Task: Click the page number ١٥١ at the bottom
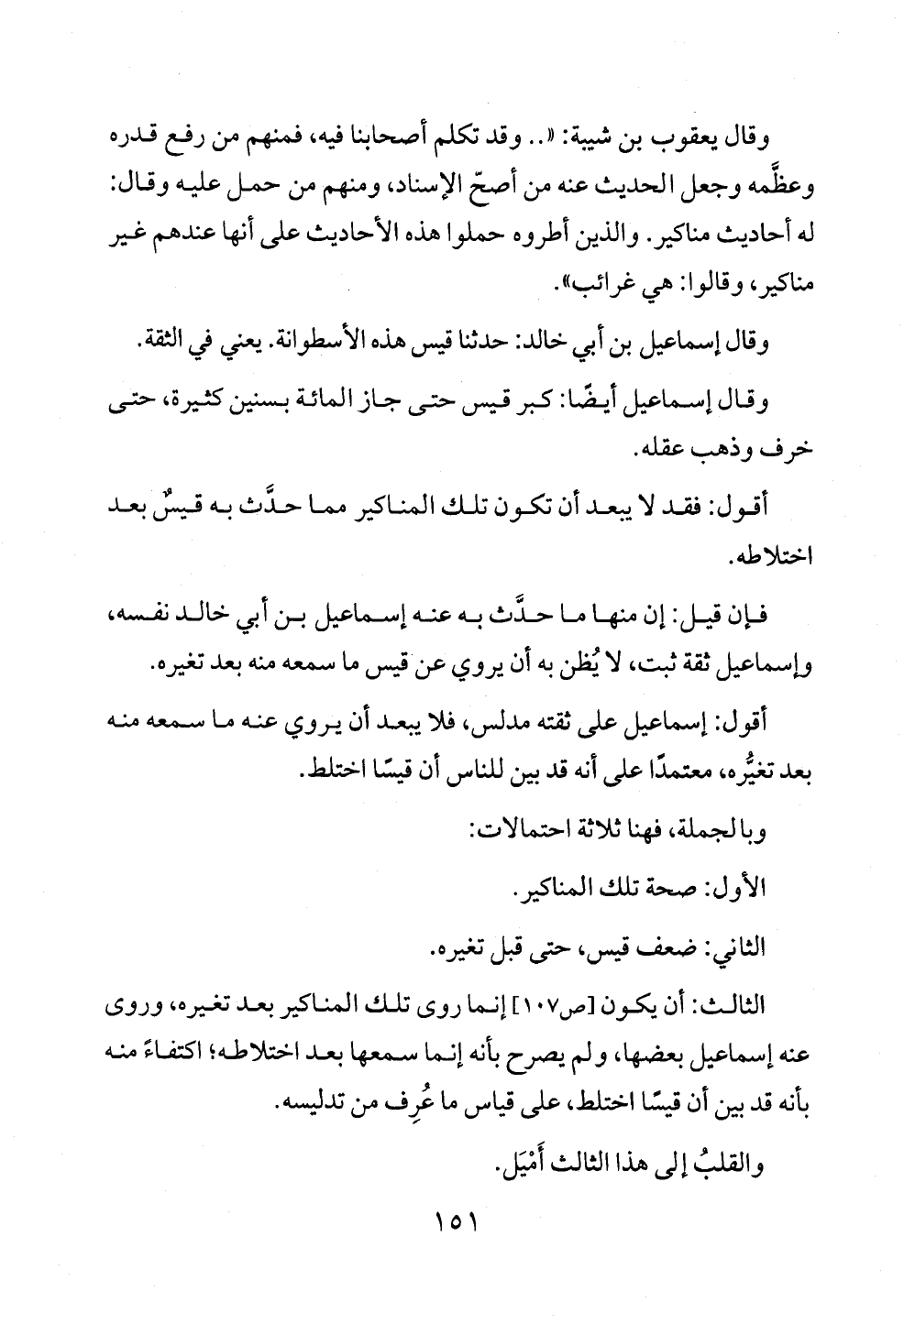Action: (451, 1222)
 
